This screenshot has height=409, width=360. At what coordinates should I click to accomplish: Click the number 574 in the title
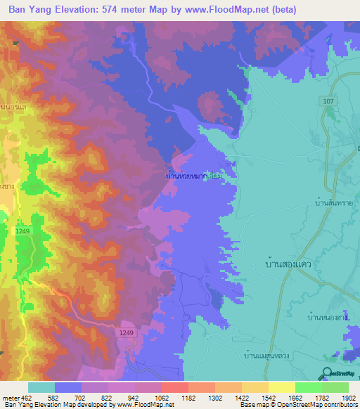(x=101, y=9)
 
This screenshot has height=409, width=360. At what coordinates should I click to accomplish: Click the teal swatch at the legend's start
(x=41, y=387)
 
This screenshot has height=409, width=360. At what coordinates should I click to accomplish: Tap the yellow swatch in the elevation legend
(x=281, y=387)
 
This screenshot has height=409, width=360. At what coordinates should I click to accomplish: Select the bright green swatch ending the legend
(x=335, y=387)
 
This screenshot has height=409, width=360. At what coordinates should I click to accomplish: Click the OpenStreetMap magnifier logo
(x=327, y=373)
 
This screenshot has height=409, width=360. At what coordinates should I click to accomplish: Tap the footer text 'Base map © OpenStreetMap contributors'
(x=298, y=405)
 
